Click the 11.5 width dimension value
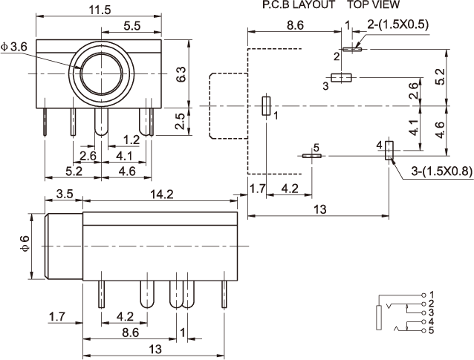[x=100, y=10]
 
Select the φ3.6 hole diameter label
[x=14, y=47]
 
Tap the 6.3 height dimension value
[x=181, y=74]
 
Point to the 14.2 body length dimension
[x=162, y=194]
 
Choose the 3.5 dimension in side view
[x=65, y=194]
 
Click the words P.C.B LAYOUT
[x=299, y=4]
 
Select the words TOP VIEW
[x=373, y=4]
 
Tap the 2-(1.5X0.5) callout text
[x=397, y=24]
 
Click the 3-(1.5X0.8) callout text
[x=441, y=171]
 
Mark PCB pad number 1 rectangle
[x=266, y=105]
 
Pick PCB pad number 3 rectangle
[x=341, y=78]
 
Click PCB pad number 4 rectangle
[x=389, y=151]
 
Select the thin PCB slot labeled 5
[x=312, y=156]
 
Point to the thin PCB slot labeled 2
[x=352, y=49]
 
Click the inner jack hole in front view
[x=102, y=73]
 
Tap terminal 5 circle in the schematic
[x=423, y=330]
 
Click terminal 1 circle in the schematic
[x=423, y=295]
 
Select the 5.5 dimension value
[x=132, y=26]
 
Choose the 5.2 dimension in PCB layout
[x=441, y=76]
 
